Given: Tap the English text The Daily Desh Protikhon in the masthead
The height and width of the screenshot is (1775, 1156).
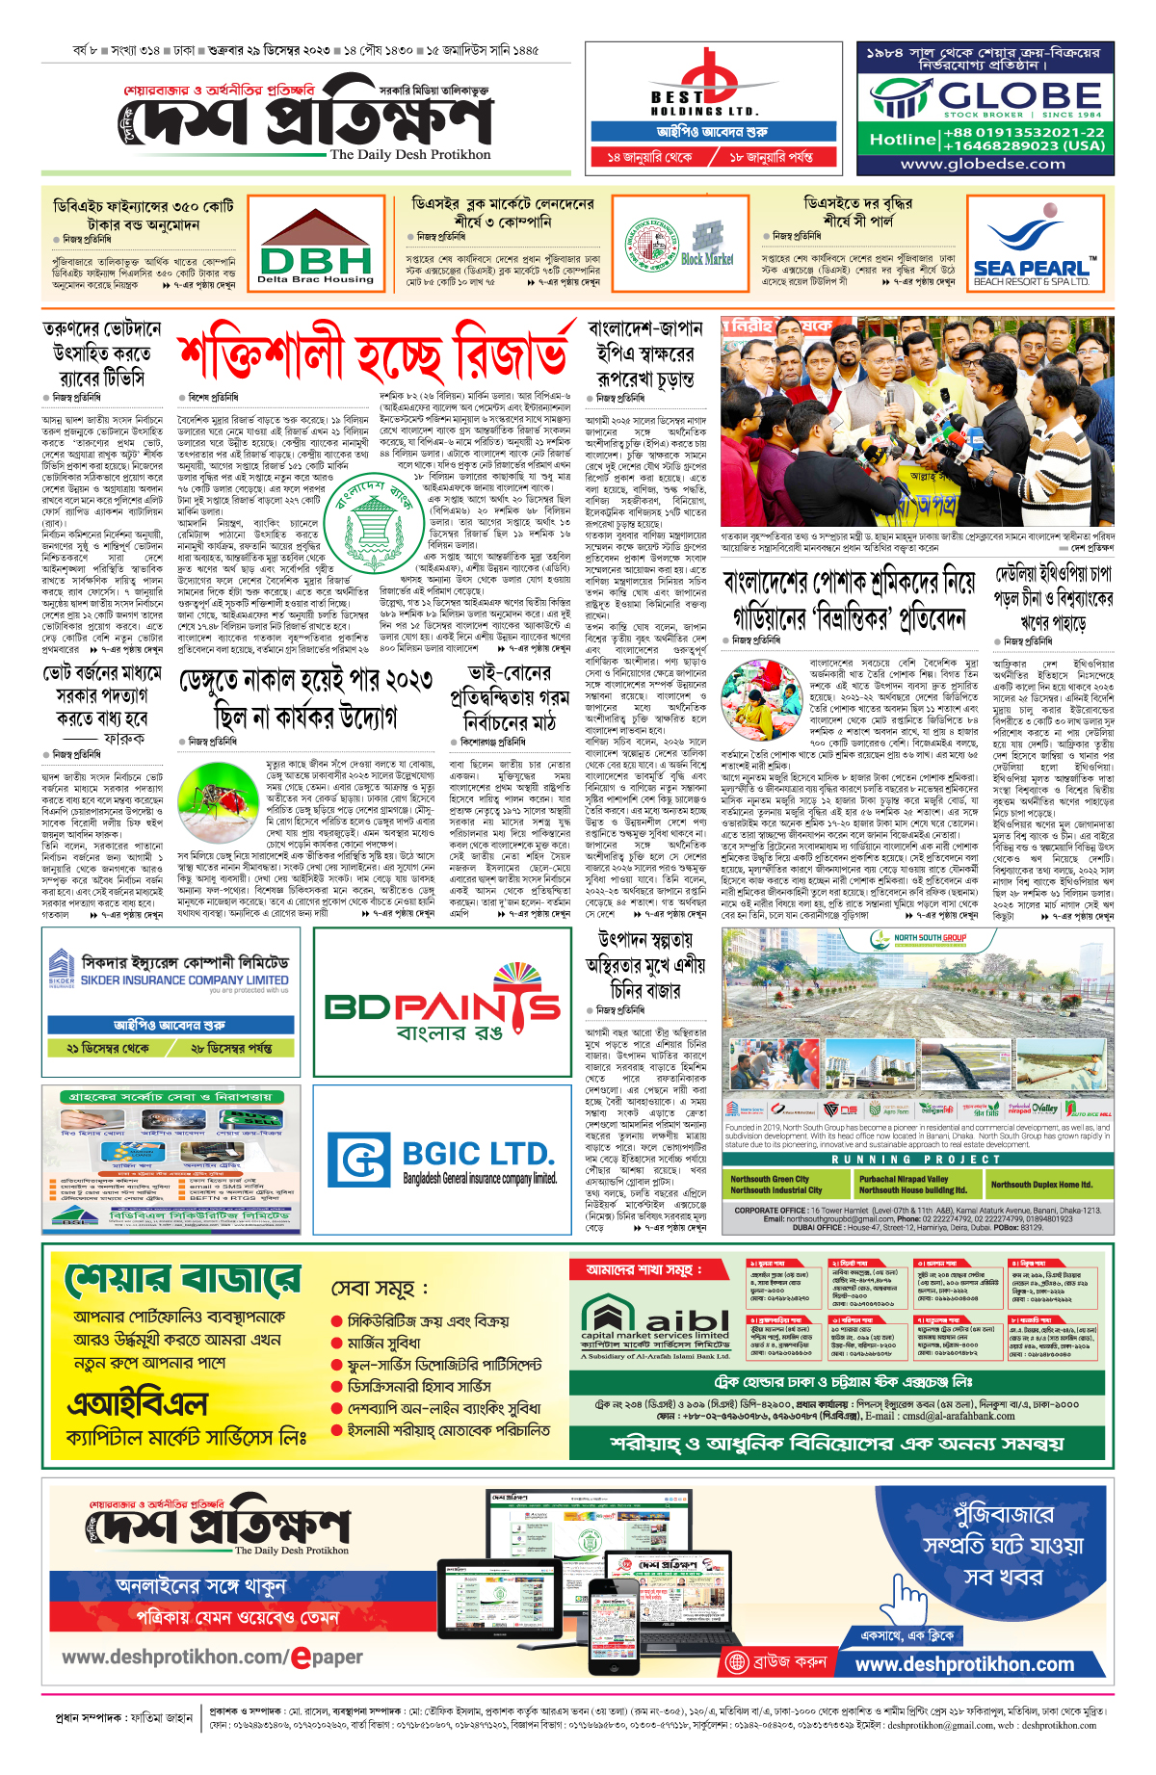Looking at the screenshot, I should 409,154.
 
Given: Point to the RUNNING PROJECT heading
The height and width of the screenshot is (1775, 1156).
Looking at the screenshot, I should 916,1160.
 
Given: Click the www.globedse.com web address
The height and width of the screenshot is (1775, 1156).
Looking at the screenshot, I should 983,164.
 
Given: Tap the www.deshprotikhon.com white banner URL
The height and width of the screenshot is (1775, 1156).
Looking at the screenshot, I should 964,1663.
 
